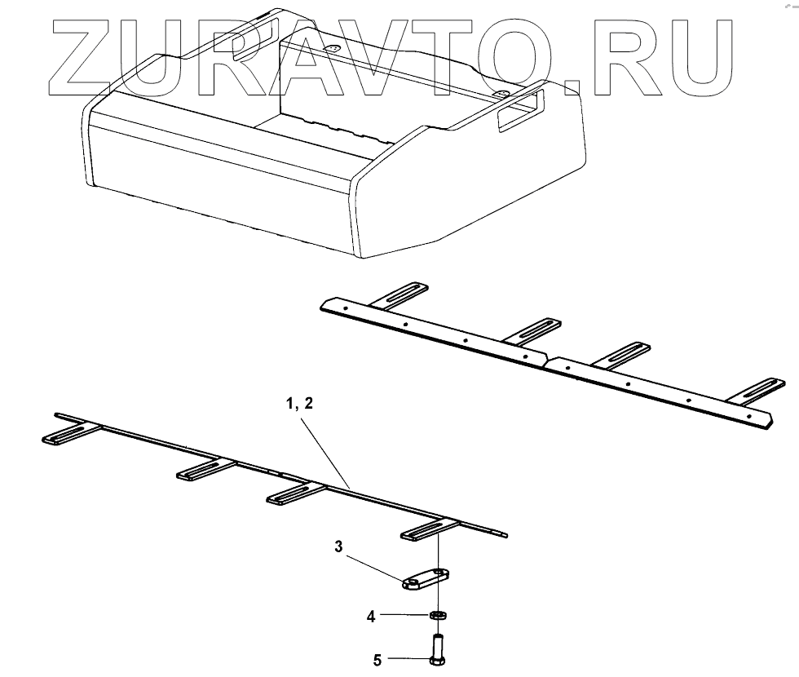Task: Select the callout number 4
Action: coord(371,617)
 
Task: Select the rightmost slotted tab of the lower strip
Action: coord(430,530)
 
